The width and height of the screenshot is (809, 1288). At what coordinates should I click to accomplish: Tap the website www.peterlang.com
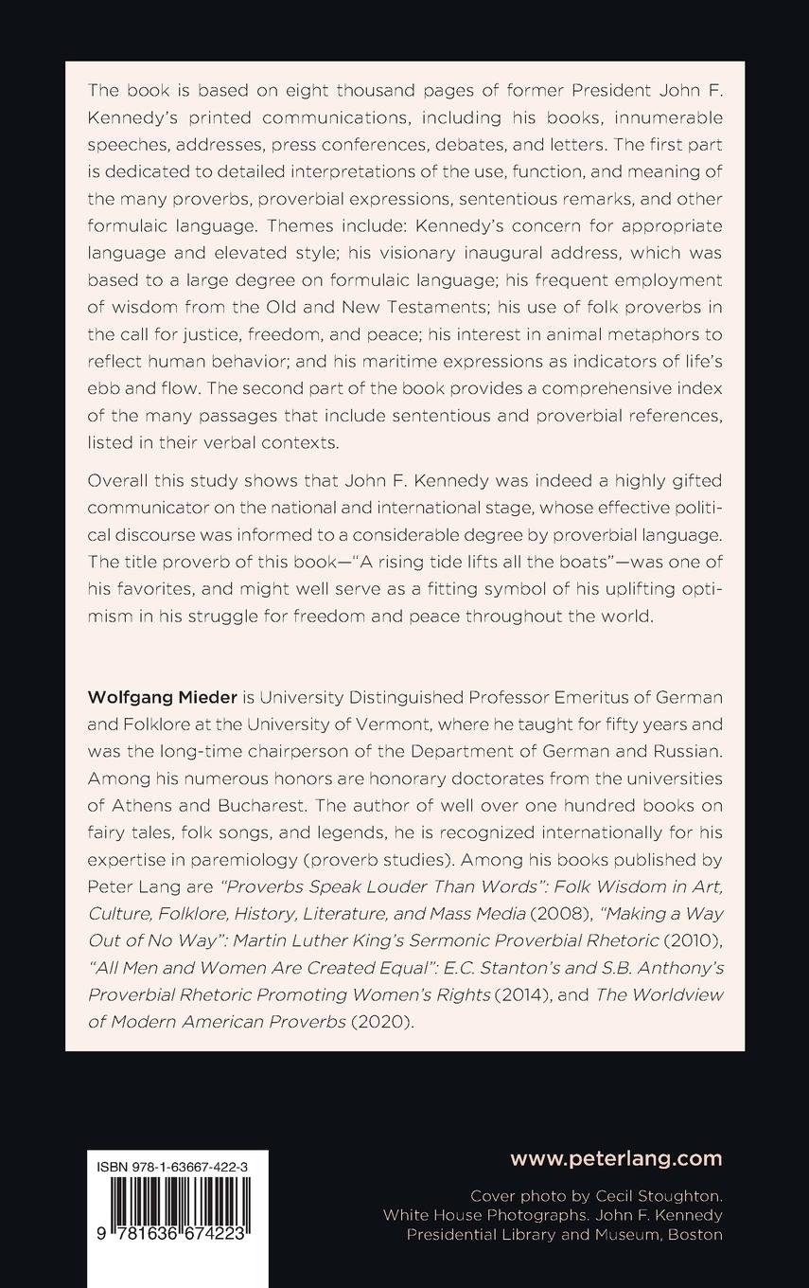pyautogui.click(x=616, y=1158)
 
